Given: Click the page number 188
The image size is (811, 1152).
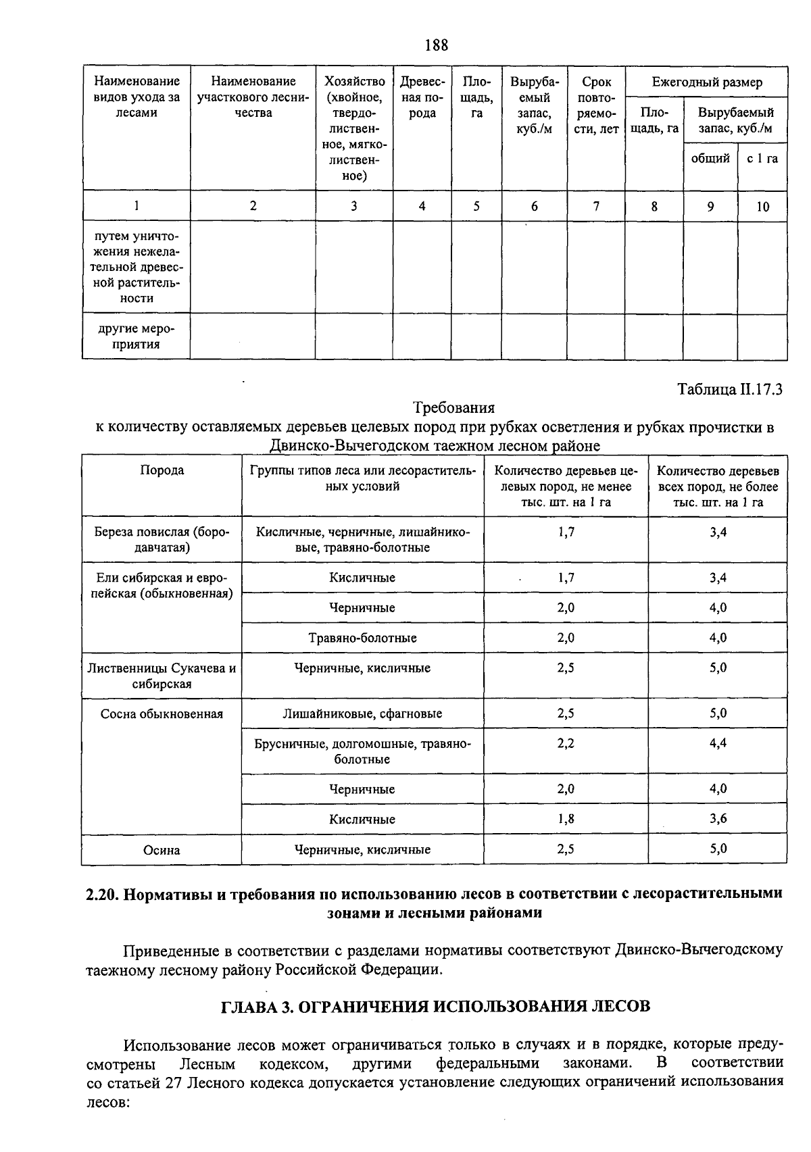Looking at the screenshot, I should pyautogui.click(x=436, y=45).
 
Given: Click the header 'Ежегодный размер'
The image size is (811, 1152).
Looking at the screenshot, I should pyautogui.click(x=706, y=82).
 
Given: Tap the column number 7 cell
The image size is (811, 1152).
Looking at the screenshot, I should pyautogui.click(x=595, y=206).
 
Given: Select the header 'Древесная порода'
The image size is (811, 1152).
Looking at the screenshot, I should pyautogui.click(x=422, y=97).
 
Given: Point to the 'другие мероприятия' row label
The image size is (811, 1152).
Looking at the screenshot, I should pyautogui.click(x=136, y=336).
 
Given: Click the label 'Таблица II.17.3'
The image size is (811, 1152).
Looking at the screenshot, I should pyautogui.click(x=729, y=390).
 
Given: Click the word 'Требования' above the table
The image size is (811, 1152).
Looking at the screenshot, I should pyautogui.click(x=453, y=407).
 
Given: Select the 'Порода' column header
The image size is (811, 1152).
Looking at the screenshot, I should pyautogui.click(x=162, y=470).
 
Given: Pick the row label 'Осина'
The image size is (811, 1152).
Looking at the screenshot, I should pyautogui.click(x=162, y=850).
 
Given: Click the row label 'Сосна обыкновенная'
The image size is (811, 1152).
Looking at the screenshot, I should pyautogui.click(x=162, y=713).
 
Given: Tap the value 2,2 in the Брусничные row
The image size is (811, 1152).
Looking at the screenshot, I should pyautogui.click(x=566, y=743).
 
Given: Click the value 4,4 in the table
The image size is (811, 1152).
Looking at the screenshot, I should pyautogui.click(x=718, y=743).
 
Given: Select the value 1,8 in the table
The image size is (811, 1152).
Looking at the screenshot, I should pyautogui.click(x=566, y=819).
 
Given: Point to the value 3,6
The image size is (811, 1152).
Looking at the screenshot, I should pyautogui.click(x=718, y=819).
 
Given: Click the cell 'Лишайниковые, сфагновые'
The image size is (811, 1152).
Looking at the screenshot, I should pyautogui.click(x=362, y=713).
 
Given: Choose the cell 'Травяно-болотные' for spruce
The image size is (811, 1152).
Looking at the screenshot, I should pyautogui.click(x=362, y=638).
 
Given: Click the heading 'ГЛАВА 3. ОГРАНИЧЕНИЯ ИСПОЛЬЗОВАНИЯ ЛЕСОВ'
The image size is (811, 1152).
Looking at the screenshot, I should pyautogui.click(x=436, y=1006).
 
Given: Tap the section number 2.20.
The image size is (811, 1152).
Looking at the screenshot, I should pyautogui.click(x=103, y=894).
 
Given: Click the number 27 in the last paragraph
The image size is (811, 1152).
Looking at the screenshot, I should pyautogui.click(x=174, y=1082).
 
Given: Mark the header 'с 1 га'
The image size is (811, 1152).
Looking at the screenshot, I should pyautogui.click(x=762, y=159).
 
